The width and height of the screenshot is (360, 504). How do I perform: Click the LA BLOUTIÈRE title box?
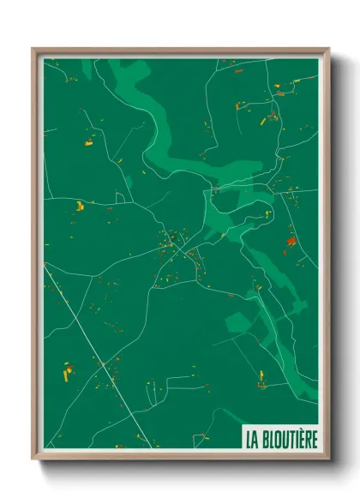pyautogui.click(x=280, y=439)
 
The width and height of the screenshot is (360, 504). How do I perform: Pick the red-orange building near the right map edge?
pyautogui.click(x=291, y=241)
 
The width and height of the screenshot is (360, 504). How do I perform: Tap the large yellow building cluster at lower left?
pyautogui.click(x=68, y=372)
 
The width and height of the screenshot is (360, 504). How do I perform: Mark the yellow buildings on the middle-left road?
pyautogui.click(x=80, y=205)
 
